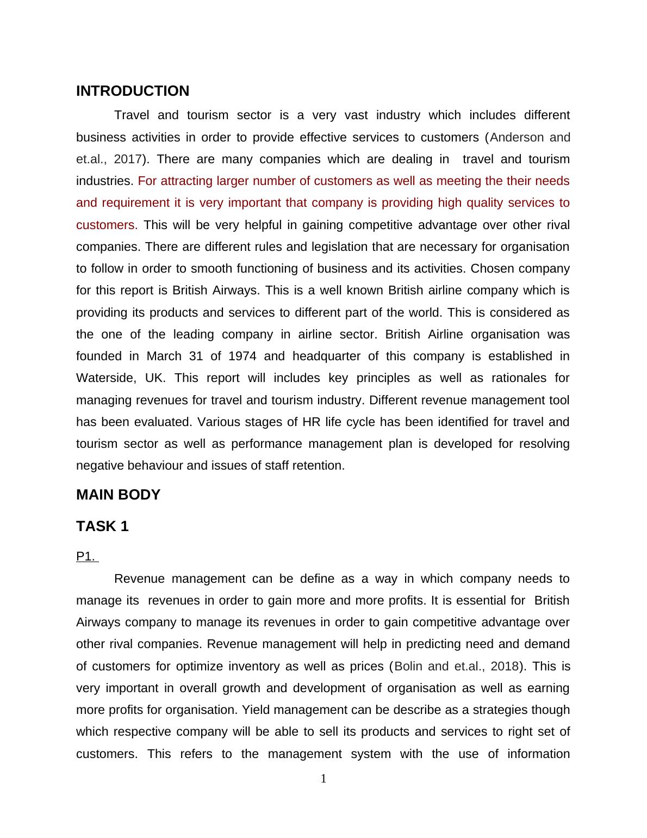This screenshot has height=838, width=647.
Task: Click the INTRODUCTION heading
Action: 133,91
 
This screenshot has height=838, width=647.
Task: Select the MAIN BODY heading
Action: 118,495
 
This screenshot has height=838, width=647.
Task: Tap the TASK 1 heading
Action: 102,526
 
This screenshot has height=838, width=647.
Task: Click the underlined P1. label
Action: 86,556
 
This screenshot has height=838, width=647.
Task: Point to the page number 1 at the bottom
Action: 323,779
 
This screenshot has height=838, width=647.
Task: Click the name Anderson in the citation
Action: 517,137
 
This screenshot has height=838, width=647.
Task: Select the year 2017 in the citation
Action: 128,159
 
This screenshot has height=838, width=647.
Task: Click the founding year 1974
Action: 242,356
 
